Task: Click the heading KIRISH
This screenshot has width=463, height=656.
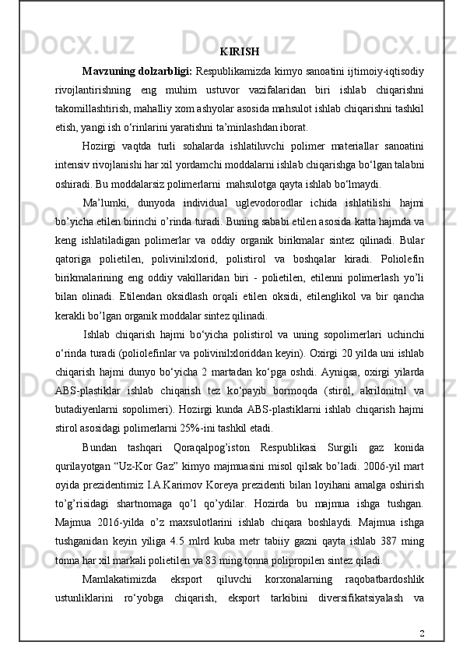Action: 239,52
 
